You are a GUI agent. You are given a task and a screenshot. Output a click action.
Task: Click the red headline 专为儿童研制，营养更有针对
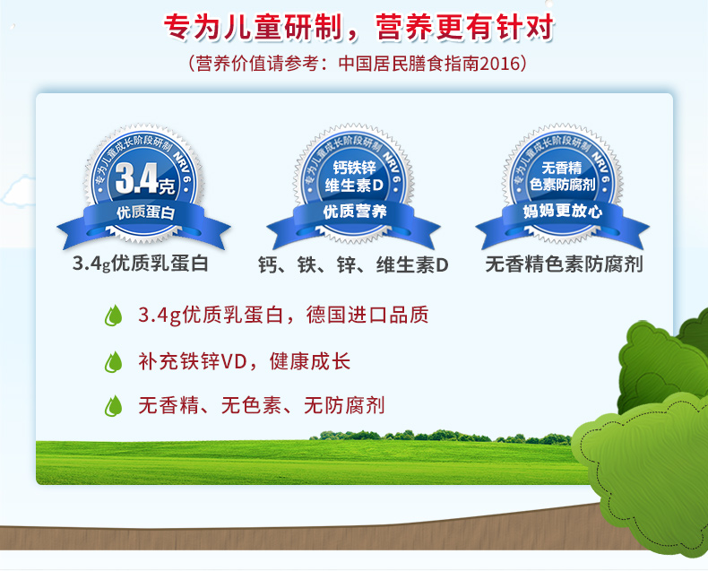pyautogui.click(x=358, y=27)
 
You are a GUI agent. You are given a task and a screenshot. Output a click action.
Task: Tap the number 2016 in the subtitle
pyautogui.click(x=499, y=64)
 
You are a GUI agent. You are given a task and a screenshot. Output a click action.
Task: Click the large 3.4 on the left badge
pyautogui.click(x=136, y=178)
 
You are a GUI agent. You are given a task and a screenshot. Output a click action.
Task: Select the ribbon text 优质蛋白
pyautogui.click(x=145, y=212)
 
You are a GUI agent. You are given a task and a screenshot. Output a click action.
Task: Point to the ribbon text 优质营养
pyautogui.click(x=355, y=211)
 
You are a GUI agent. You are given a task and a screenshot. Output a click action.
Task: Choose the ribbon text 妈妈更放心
pyautogui.click(x=562, y=211)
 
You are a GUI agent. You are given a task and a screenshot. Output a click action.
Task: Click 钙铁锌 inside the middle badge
pyautogui.click(x=355, y=168)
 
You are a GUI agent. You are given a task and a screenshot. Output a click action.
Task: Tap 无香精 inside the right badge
pyautogui.click(x=562, y=168)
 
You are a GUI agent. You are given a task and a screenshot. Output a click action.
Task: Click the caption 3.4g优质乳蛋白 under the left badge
pyautogui.click(x=141, y=264)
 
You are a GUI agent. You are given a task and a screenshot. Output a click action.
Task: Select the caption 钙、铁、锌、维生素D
pyautogui.click(x=353, y=264)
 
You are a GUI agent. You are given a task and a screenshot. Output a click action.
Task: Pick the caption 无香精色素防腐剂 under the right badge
pyautogui.click(x=564, y=264)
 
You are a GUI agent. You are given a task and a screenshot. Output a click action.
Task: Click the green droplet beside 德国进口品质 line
pyautogui.click(x=113, y=316)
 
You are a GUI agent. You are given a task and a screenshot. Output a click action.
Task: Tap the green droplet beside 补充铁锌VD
pyautogui.click(x=113, y=362)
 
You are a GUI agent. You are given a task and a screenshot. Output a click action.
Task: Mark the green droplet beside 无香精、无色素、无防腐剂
pyautogui.click(x=113, y=406)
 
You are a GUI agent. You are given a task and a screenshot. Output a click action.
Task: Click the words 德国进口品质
pyautogui.click(x=367, y=315)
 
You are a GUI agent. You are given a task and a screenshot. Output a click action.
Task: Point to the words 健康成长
pyautogui.click(x=310, y=361)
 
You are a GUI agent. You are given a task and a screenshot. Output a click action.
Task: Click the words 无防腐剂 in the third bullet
pyautogui.click(x=344, y=405)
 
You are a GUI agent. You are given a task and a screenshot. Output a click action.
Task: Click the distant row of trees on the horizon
pyautogui.click(x=440, y=436)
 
